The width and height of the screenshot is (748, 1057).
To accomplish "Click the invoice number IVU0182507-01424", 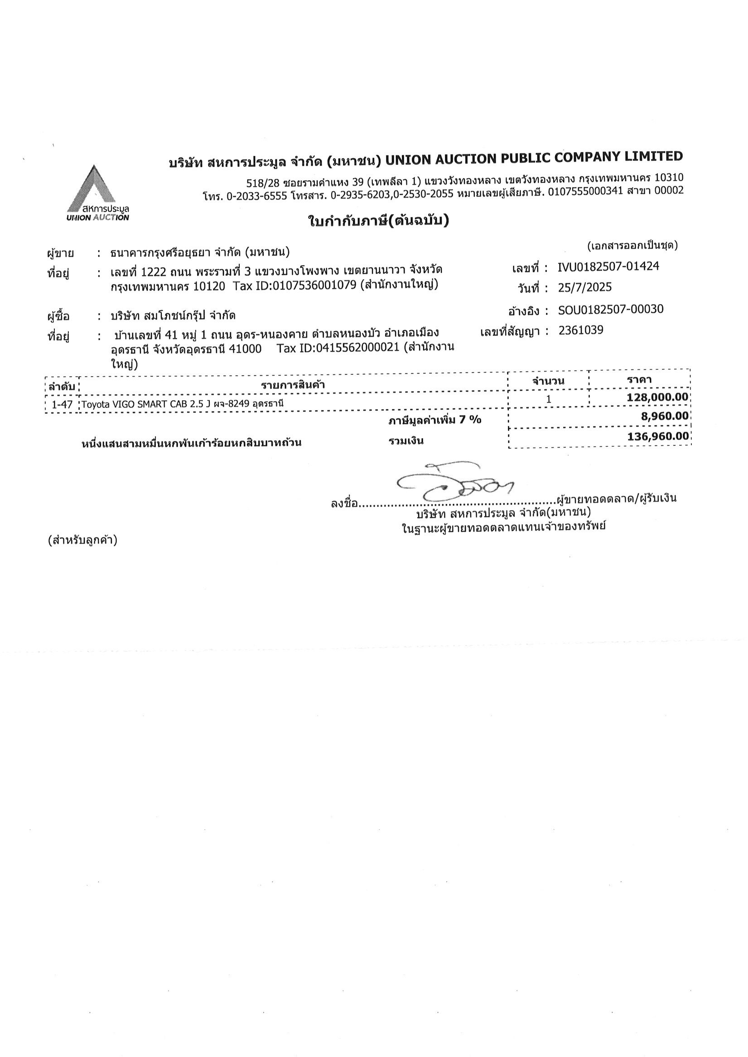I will click(608, 267).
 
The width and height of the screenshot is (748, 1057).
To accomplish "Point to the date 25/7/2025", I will click(584, 288).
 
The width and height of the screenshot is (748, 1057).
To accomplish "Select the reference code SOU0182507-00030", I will click(610, 309).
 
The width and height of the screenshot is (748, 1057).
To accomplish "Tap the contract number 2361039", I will click(580, 330).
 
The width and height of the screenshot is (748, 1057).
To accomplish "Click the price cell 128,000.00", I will click(657, 397).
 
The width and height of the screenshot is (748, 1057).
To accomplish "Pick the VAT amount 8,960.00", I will click(667, 416).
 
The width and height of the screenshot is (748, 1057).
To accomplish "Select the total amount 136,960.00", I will click(658, 436).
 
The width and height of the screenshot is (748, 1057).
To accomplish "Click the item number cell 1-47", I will click(62, 405).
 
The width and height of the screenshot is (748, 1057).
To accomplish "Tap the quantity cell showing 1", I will click(549, 399).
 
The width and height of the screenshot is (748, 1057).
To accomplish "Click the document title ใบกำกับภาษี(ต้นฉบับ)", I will click(378, 221).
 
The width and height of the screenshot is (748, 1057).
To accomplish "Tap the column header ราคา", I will click(639, 380).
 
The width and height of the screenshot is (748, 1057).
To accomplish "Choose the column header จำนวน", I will click(548, 381).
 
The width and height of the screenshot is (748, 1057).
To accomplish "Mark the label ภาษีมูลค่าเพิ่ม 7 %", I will click(434, 420).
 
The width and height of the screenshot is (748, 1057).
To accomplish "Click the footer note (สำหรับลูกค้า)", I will click(83, 540).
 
